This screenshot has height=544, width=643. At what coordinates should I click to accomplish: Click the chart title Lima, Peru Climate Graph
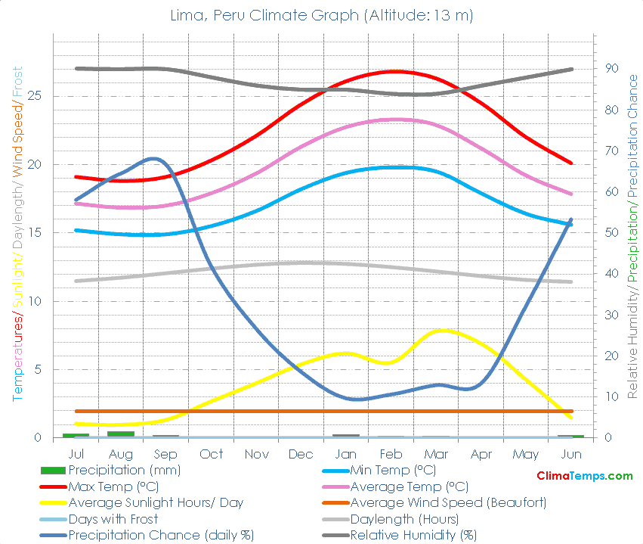[321, 16]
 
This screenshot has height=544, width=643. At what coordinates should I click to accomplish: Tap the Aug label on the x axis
[121, 454]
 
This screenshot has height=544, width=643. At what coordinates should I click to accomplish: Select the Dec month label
[301, 454]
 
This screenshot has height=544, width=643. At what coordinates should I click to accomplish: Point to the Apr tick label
[481, 454]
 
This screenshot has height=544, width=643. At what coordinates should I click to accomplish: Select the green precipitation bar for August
[121, 434]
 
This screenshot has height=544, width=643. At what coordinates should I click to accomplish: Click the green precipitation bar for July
[76, 435]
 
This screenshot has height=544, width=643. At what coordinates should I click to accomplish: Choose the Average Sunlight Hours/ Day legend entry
[156, 502]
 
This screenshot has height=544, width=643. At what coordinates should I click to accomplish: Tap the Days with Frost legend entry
[113, 519]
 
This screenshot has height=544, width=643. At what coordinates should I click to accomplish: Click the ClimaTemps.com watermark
[584, 476]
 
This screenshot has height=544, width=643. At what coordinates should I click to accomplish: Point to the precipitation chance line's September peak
[154, 158]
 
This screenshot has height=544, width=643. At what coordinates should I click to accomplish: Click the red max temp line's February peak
[394, 72]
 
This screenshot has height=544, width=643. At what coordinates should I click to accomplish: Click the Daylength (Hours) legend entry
[404, 519]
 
